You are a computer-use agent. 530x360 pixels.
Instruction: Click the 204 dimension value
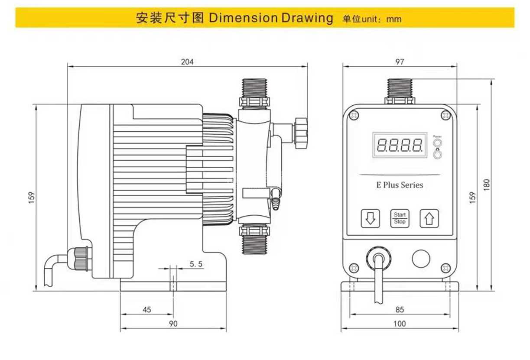pos(187,62)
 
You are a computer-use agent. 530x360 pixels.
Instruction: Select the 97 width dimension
pos(400,62)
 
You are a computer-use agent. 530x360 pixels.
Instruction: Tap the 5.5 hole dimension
pos(196,264)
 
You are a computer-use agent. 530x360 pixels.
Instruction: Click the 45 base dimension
pos(147,309)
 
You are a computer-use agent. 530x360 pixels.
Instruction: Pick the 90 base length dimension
pos(173,324)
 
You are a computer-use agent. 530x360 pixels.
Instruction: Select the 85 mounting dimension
pos(400,309)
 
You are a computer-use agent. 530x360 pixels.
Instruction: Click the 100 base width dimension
pos(400,324)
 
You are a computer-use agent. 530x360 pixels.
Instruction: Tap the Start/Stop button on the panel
pos(400,218)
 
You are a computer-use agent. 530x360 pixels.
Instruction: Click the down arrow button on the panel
pos(371,218)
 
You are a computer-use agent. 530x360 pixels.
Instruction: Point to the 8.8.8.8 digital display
pos(400,145)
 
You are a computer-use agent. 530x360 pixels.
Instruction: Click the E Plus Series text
pos(400,185)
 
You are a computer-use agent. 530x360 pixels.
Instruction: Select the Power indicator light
pos(437,143)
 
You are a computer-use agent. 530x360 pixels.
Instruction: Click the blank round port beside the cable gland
pos(420,259)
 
